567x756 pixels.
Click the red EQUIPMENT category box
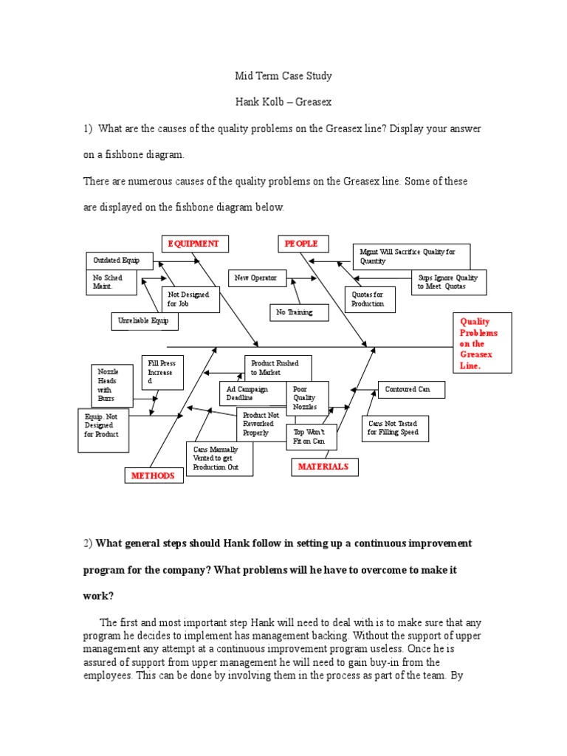pos(194,244)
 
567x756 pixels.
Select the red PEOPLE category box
pos(303,244)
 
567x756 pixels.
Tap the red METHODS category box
pos(154,476)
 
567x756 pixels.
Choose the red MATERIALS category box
pos(323,467)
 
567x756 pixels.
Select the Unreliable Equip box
pos(145,321)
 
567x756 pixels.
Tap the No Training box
pos(295,313)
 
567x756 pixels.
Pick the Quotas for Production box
pos(370,299)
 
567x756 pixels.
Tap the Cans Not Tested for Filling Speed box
pos(395,428)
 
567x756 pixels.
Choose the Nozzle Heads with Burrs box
pos(112,384)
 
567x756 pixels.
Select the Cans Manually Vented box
pos(219,458)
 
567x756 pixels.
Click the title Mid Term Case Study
pos(283,76)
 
